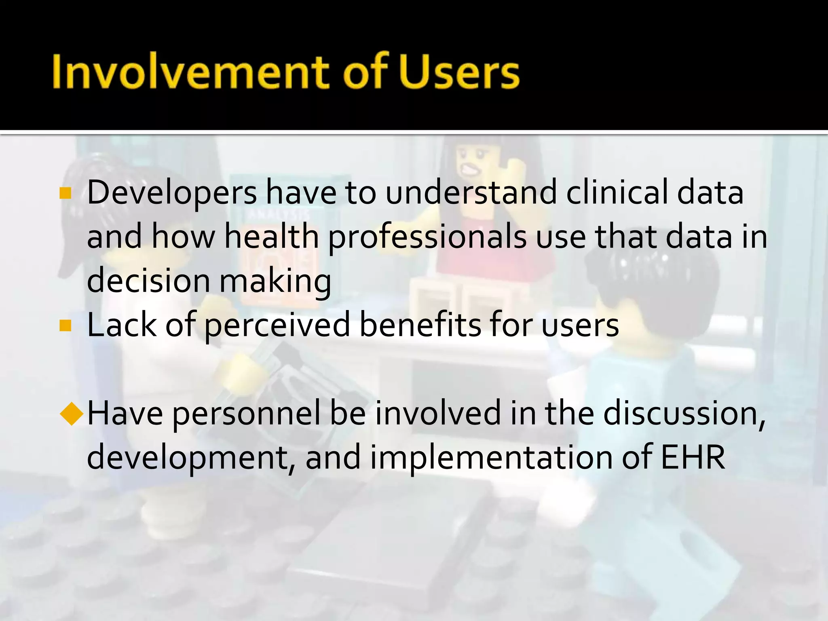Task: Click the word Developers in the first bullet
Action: click(172, 193)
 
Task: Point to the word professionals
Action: click(427, 238)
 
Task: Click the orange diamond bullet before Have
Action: click(72, 414)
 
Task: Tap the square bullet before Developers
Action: click(65, 193)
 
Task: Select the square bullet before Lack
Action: click(65, 325)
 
